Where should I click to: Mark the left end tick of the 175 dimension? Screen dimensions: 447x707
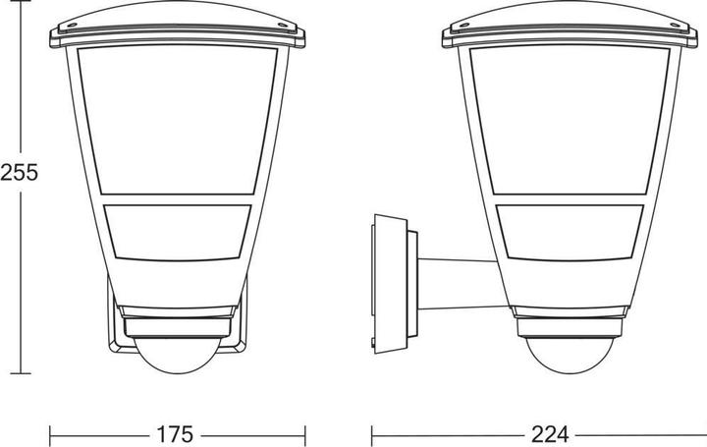pos(51,432)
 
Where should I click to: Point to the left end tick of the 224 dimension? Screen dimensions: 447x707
pos(371,432)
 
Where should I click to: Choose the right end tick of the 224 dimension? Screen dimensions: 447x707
pos(699,432)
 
